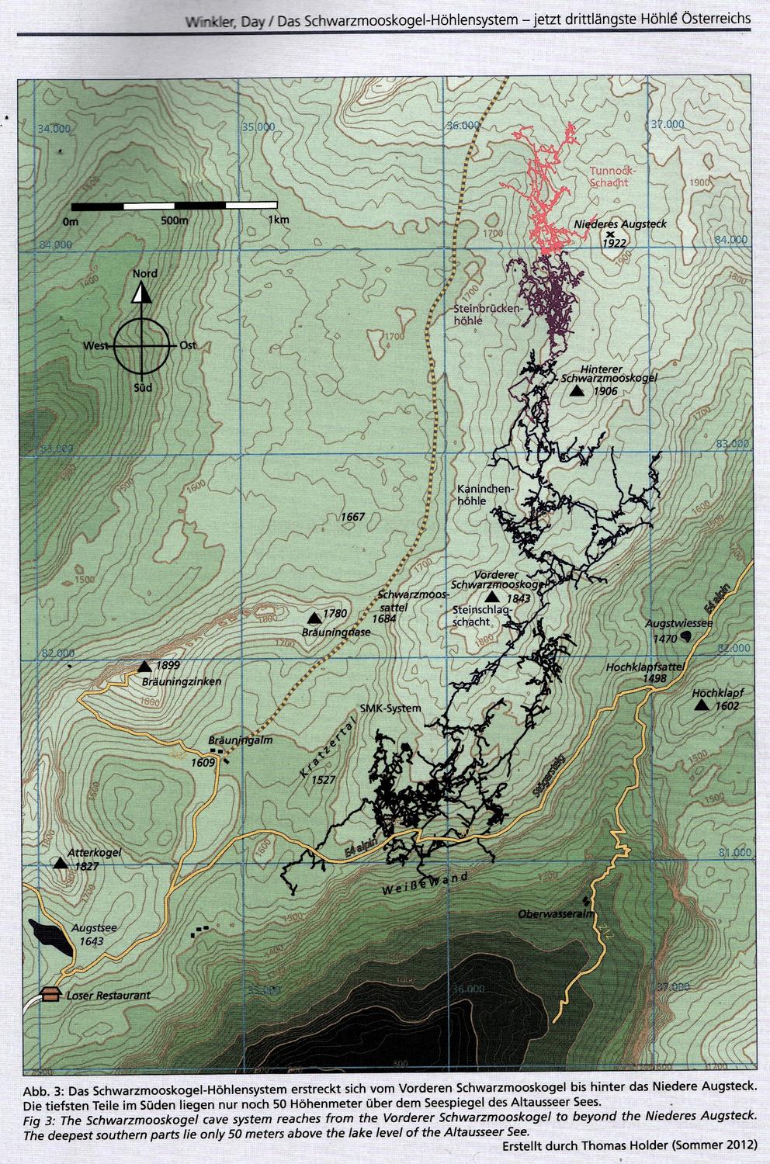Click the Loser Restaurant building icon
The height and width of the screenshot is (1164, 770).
51,995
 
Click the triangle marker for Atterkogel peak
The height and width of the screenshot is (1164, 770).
60,863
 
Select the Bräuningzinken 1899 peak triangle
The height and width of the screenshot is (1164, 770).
144,667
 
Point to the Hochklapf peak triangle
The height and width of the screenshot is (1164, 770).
702,705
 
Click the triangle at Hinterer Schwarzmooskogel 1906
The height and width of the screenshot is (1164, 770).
576,391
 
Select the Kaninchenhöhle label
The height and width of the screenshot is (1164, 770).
484,495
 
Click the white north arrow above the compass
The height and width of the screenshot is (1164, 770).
140,293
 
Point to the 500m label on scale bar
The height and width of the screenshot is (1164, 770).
175,220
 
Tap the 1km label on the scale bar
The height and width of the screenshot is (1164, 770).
279,220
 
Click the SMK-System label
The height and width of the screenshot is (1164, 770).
391,708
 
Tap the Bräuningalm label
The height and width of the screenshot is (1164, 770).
241,740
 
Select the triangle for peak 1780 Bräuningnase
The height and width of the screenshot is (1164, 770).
314,618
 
